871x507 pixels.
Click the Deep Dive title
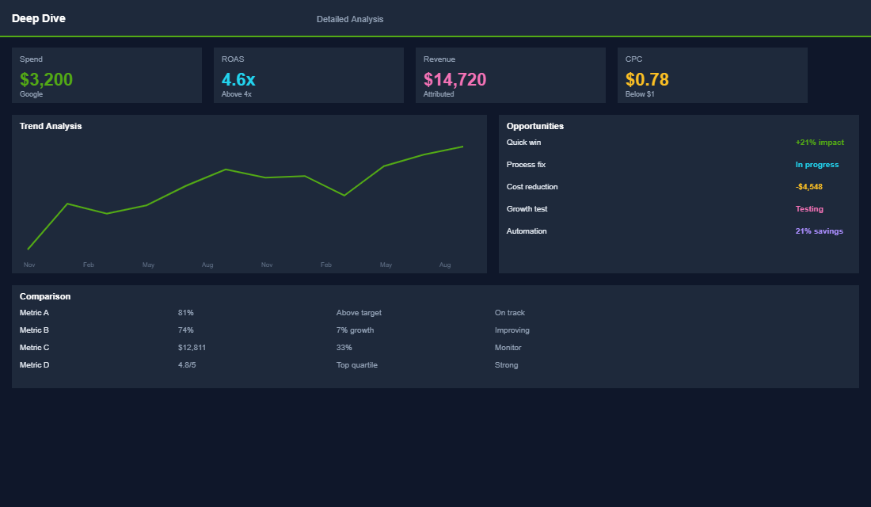pyautogui.click(x=39, y=18)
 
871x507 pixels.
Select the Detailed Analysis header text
pyautogui.click(x=350, y=19)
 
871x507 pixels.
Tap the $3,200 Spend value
pyautogui.click(x=47, y=79)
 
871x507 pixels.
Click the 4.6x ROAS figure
pyautogui.click(x=238, y=79)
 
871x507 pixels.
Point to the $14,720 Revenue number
pyautogui.click(x=455, y=79)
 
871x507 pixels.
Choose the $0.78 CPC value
pyautogui.click(x=647, y=79)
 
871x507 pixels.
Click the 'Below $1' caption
pyautogui.click(x=640, y=94)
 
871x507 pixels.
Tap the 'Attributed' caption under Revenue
pyautogui.click(x=439, y=94)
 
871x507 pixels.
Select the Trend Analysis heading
pyautogui.click(x=51, y=126)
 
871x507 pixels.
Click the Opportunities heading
pyautogui.click(x=535, y=126)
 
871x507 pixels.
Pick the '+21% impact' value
pyautogui.click(x=820, y=143)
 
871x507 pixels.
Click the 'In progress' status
pyautogui.click(x=816, y=165)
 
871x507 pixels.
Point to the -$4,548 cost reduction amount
pyautogui.click(x=808, y=187)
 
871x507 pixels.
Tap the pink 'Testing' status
pyautogui.click(x=809, y=209)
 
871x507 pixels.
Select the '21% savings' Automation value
pyautogui.click(x=819, y=231)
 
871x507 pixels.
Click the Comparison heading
pyautogui.click(x=45, y=296)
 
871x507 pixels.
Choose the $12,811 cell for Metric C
pyautogui.click(x=192, y=348)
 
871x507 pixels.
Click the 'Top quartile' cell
pyautogui.click(x=356, y=365)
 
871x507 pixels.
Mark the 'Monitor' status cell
pyautogui.click(x=508, y=348)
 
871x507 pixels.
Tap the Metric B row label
pyautogui.click(x=35, y=330)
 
